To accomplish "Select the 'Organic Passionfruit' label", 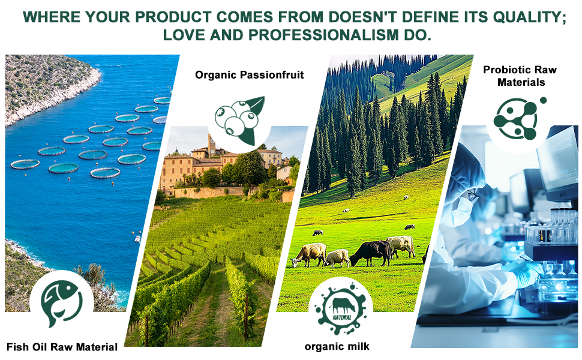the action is [250, 75].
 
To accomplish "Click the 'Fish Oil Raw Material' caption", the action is [62, 347].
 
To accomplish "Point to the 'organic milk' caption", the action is [337, 347].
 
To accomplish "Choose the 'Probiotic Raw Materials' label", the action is [520, 76].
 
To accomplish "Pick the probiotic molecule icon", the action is [518, 118].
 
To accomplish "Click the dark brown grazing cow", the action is [371, 253].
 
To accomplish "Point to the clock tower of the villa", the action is [212, 145].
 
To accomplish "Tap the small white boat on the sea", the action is [138, 239].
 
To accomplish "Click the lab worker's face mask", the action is [461, 209].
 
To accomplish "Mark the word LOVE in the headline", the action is [184, 35].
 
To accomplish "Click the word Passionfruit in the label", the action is [272, 75].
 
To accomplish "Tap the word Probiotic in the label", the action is [506, 70].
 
